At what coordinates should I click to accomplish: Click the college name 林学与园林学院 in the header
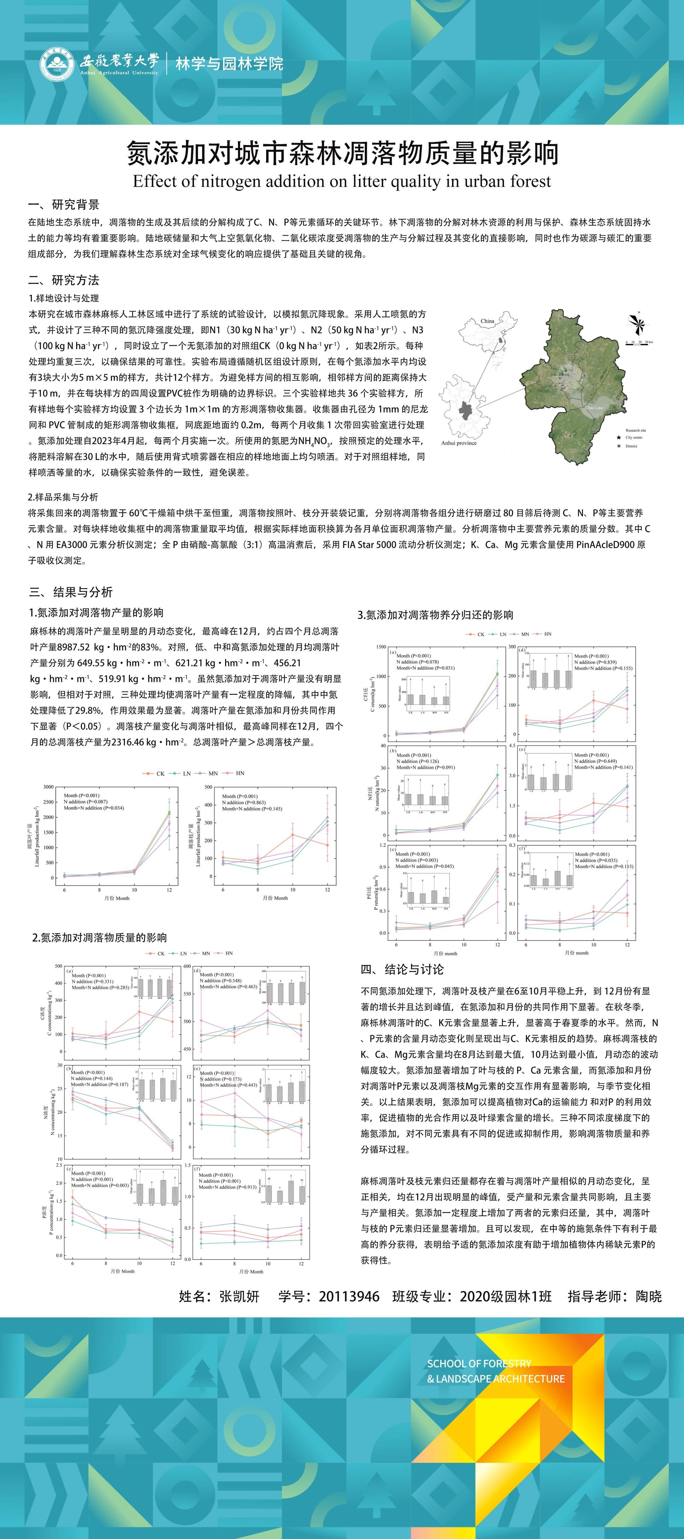229,64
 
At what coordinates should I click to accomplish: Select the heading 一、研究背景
64,205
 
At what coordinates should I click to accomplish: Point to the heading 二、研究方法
64,280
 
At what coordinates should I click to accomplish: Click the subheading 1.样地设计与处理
63,298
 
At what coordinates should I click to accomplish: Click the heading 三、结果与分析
71,592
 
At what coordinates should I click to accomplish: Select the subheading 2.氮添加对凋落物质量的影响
99,937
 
